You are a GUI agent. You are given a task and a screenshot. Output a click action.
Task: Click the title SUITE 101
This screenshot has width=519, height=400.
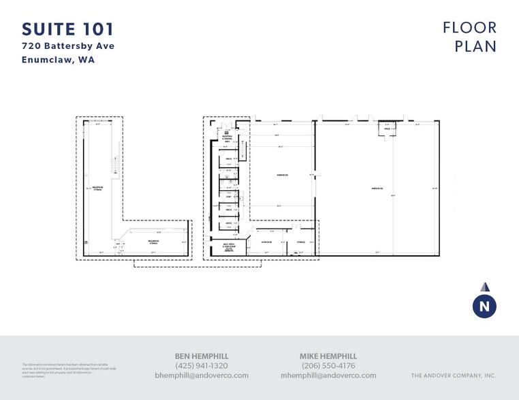(67, 29)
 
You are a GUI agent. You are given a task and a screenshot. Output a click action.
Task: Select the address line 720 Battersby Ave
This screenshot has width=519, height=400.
(68, 46)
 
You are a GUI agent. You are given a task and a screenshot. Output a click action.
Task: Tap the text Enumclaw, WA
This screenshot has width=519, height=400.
(57, 60)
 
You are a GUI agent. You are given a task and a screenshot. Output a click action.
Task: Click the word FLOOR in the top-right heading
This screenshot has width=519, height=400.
(469, 28)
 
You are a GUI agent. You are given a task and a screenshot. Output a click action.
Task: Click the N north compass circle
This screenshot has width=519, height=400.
(484, 307)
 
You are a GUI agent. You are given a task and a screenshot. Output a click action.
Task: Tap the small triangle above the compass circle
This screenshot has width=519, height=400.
(484, 287)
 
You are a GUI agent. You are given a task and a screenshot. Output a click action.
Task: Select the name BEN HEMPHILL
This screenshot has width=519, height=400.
(202, 356)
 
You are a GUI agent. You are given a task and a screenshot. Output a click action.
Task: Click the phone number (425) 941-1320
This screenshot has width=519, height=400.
(202, 365)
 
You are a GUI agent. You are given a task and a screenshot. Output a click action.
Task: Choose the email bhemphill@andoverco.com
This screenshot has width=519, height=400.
(202, 376)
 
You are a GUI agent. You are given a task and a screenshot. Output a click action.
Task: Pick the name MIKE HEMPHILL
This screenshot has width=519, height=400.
(328, 356)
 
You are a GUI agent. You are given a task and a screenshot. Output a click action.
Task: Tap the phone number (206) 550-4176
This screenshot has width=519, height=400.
(328, 365)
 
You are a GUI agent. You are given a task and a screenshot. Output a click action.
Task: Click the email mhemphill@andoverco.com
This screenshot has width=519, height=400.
(328, 376)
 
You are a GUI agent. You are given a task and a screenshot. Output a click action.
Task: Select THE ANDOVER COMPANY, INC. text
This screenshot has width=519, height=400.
(454, 376)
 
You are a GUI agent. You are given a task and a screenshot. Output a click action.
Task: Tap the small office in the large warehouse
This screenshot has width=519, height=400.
(387, 129)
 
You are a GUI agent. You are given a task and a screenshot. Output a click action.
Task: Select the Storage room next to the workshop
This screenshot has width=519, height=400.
(300, 242)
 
